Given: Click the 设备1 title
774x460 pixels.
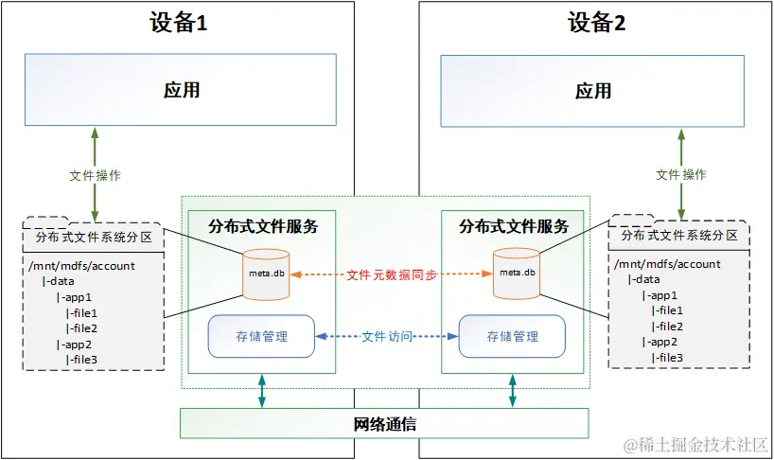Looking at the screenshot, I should [x=178, y=24].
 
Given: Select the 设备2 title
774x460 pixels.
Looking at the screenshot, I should [x=596, y=24].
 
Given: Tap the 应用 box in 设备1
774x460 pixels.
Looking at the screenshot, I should [x=181, y=90].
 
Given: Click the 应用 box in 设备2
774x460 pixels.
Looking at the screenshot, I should [x=593, y=90].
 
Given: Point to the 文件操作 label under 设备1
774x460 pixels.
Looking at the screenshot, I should [x=96, y=175].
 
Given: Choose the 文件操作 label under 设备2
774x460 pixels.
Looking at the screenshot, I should [x=681, y=175].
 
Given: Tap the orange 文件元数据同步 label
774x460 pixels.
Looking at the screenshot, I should [x=392, y=274].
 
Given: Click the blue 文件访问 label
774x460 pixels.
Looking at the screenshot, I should [x=387, y=336].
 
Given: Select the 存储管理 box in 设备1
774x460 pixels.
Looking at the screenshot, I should [x=261, y=336].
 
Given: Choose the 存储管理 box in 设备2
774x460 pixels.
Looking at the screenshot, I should [x=513, y=336].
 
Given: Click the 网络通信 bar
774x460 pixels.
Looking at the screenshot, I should [x=384, y=423].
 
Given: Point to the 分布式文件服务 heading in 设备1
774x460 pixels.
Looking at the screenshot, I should [x=262, y=227].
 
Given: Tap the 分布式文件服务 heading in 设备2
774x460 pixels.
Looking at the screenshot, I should [x=514, y=227].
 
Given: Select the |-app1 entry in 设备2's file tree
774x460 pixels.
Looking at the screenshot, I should [x=661, y=295].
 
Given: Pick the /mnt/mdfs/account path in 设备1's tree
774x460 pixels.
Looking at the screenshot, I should [x=82, y=265].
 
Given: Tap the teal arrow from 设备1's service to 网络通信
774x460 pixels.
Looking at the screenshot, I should [x=262, y=391].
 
